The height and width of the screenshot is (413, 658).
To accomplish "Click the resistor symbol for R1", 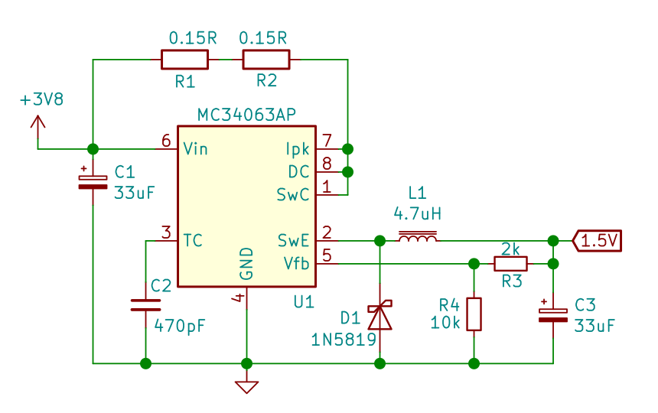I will (x=184, y=59).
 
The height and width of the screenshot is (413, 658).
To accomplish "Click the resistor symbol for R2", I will (x=266, y=59).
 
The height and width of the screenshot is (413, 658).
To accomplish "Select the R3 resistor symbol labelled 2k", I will (x=510, y=264).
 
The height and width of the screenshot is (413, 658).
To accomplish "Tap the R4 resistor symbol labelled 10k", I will (x=474, y=314).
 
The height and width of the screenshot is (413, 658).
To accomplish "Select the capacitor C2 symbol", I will (x=145, y=304).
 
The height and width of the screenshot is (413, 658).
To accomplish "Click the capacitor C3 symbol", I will (x=552, y=314).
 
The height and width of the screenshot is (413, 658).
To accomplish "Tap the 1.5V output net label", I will (x=598, y=240).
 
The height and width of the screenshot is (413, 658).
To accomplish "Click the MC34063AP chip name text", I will (x=246, y=115).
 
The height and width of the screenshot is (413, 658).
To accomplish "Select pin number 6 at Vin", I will (x=165, y=141).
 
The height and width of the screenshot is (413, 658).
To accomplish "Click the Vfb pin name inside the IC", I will (x=296, y=263).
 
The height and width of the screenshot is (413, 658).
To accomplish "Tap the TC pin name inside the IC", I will (x=193, y=240).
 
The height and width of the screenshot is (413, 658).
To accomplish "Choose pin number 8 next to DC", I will (x=327, y=164).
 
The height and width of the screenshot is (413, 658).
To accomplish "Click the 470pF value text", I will (x=180, y=326).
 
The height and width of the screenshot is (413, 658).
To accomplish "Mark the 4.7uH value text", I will (x=417, y=213).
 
